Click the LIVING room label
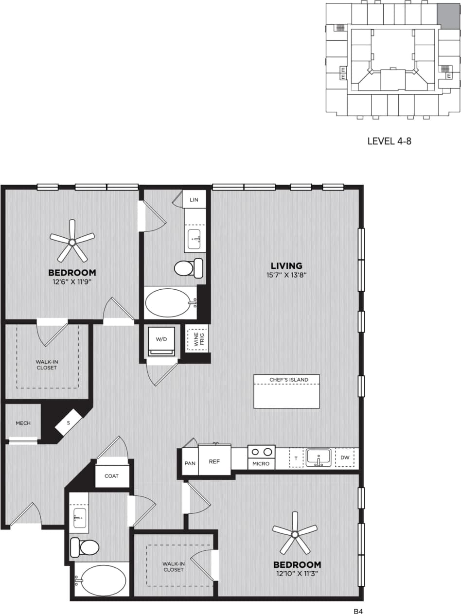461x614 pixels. (x=286, y=266)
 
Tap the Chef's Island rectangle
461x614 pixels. (x=286, y=391)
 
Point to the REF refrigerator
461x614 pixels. (x=214, y=460)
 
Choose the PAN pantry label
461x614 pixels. (x=190, y=463)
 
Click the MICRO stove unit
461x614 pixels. (x=261, y=457)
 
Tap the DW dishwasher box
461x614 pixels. (x=344, y=458)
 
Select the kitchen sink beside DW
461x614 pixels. (x=318, y=457)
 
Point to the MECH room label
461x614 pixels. (x=23, y=423)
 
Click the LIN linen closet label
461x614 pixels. (x=194, y=200)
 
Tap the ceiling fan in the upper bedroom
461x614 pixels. (x=72, y=241)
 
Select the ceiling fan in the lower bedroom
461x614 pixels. (x=294, y=534)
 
